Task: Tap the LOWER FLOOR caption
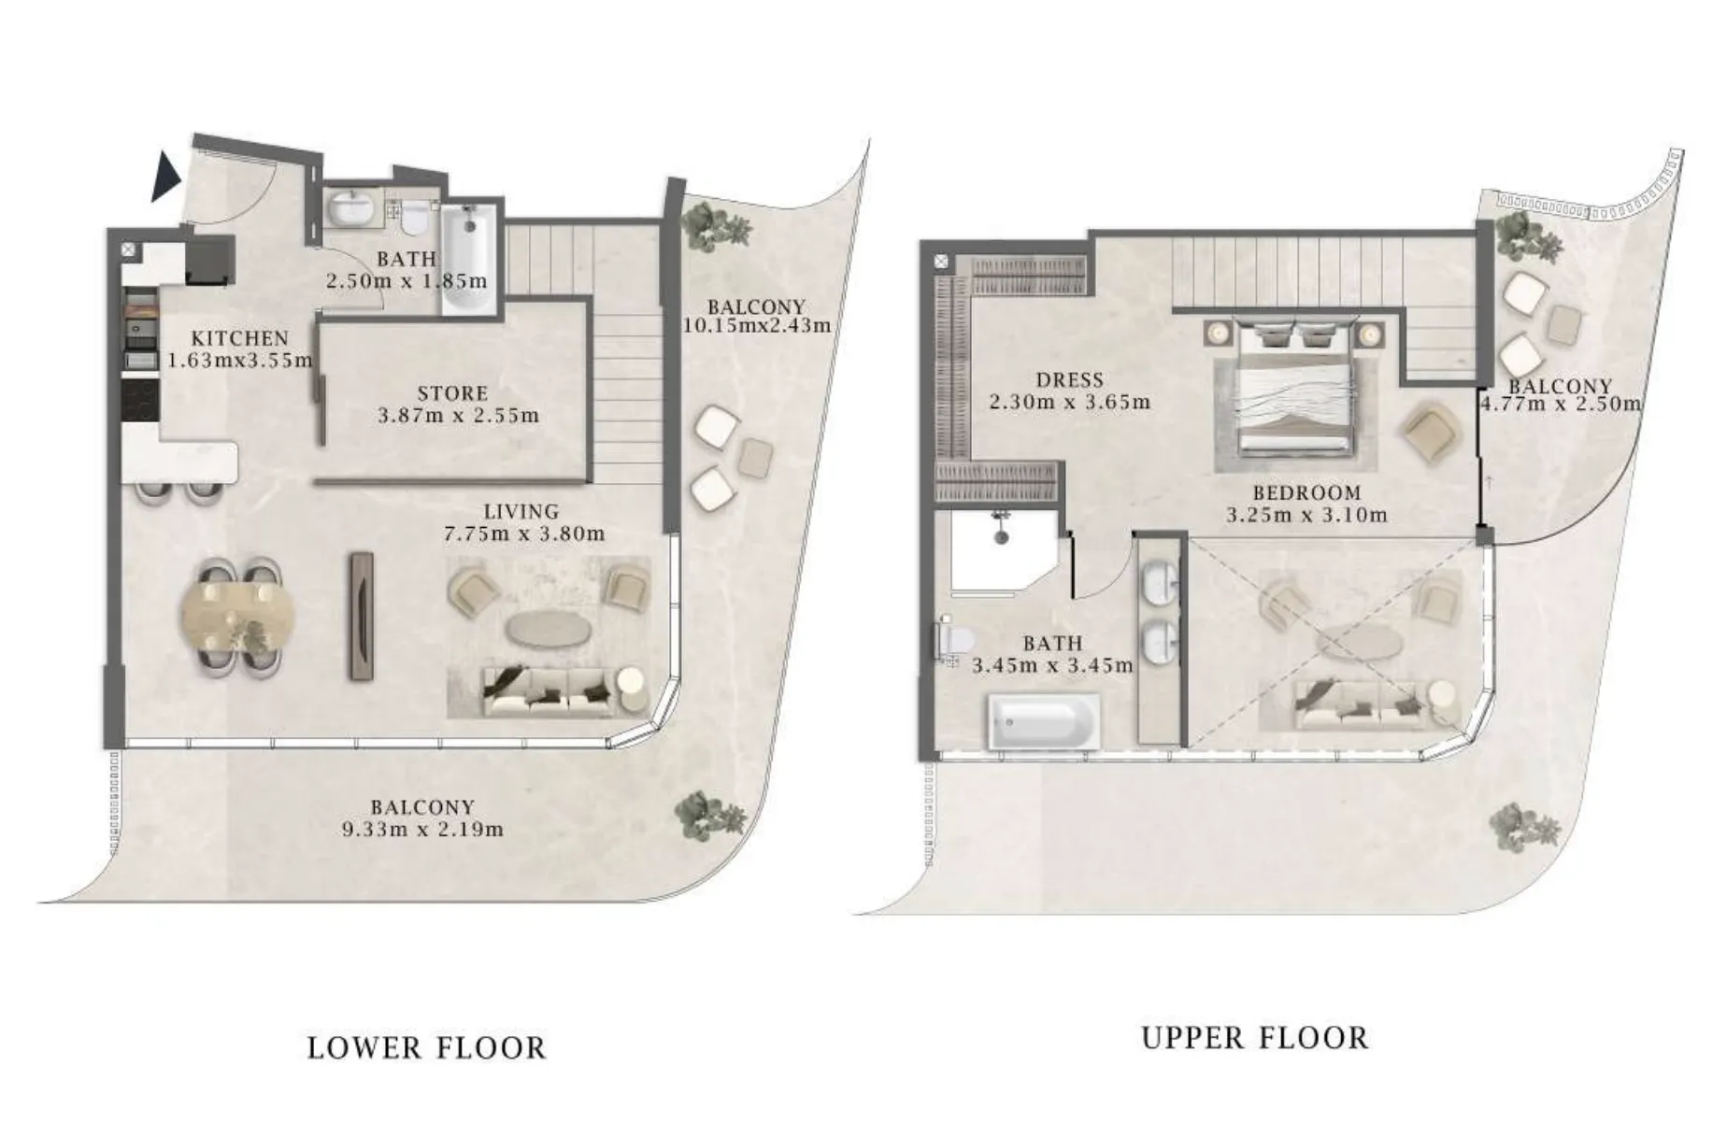tap(426, 1048)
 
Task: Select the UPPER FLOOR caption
tap(1254, 1038)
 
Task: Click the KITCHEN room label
tap(240, 338)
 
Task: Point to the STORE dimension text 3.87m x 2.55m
tap(458, 416)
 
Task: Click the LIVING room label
tap(521, 512)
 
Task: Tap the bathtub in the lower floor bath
tap(464, 255)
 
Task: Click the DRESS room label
tap(1069, 380)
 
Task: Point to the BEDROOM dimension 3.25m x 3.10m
tap(1306, 515)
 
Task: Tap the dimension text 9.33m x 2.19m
tap(422, 830)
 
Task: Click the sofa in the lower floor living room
tap(547, 692)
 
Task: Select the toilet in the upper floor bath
tap(954, 640)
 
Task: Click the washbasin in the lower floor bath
tap(352, 209)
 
